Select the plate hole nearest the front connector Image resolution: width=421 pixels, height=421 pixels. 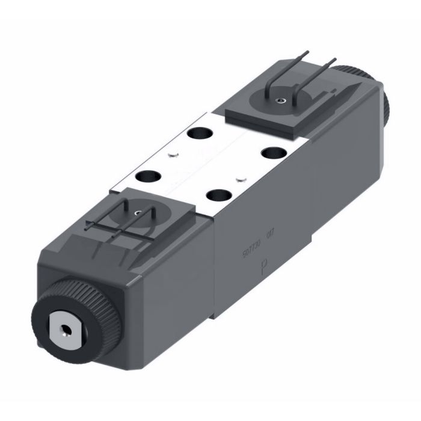[x=146, y=177]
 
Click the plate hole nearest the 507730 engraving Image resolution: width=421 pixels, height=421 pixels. [x=221, y=195]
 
